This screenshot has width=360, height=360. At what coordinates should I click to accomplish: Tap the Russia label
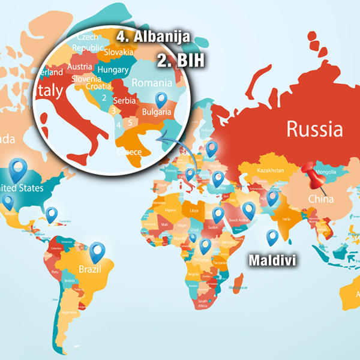(x=314, y=128)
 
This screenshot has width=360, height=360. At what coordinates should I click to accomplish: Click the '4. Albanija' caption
(x=154, y=37)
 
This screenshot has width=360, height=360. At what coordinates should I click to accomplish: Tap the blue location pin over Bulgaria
(x=160, y=100)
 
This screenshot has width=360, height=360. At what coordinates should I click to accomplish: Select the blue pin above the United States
(x=19, y=168)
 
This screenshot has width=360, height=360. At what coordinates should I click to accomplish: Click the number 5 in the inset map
(x=129, y=122)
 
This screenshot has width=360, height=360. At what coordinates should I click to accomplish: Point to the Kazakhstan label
(x=269, y=171)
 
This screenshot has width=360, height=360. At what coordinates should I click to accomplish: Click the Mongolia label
(x=326, y=172)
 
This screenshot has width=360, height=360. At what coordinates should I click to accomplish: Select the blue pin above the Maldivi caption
(x=272, y=236)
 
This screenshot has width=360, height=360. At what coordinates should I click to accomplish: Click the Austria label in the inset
(x=80, y=67)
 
